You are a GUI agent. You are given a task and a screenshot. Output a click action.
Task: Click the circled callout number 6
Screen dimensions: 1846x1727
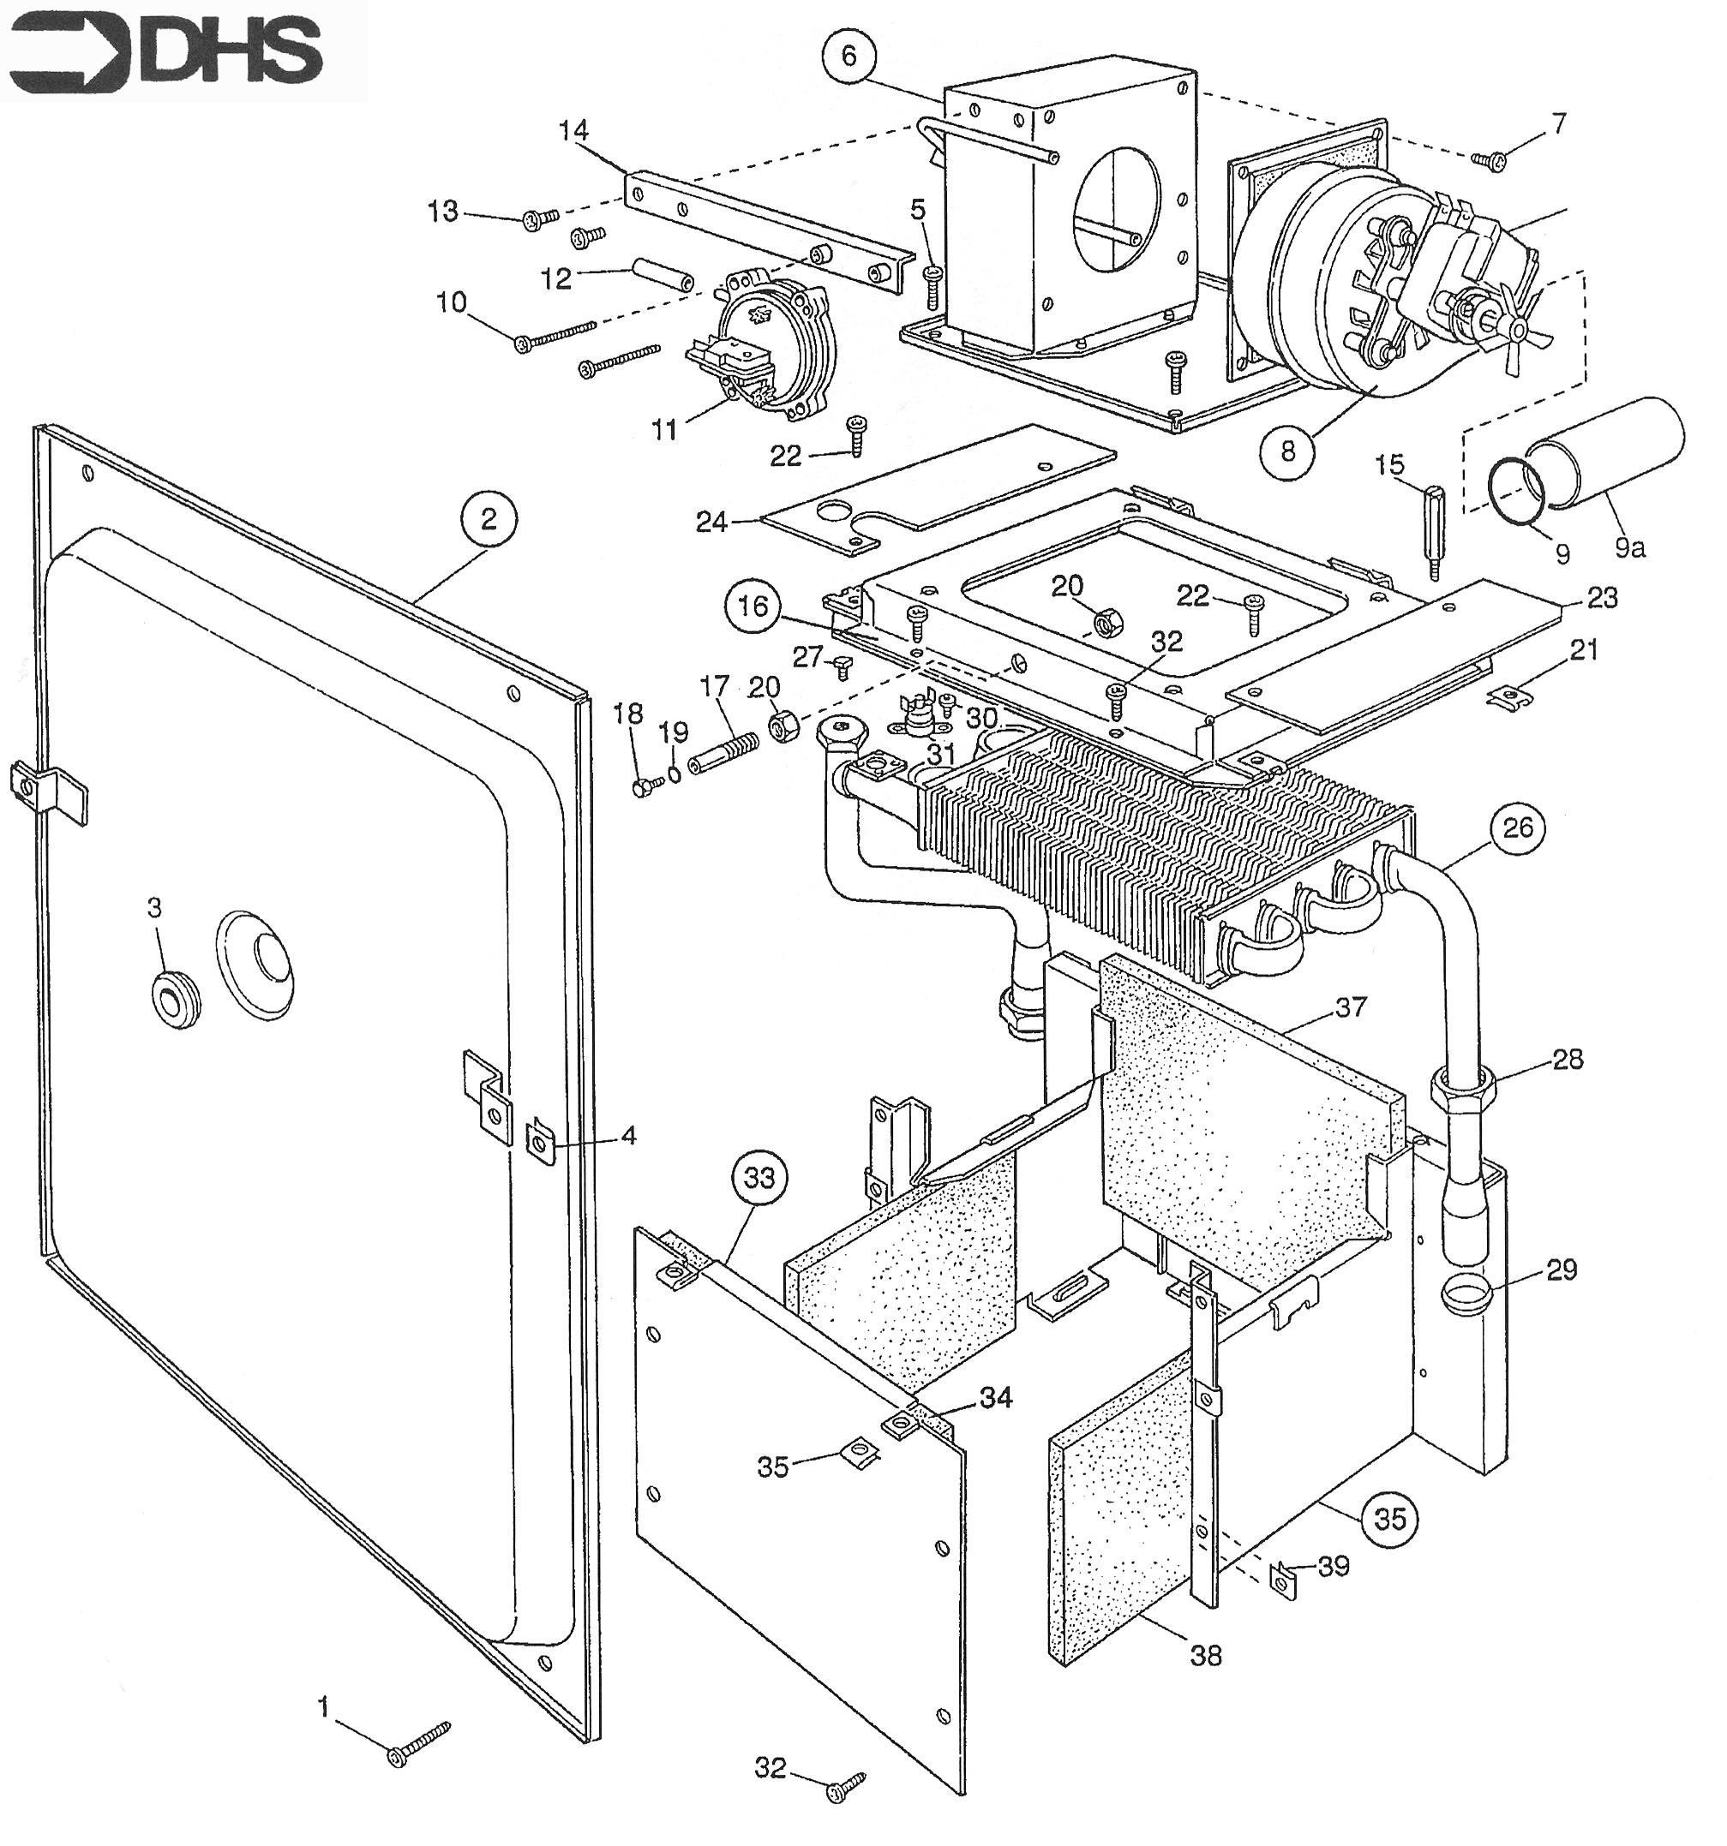tap(849, 57)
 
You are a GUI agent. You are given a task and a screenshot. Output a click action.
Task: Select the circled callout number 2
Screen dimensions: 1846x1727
tap(489, 519)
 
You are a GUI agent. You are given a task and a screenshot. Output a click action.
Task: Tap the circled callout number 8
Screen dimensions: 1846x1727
tap(1286, 451)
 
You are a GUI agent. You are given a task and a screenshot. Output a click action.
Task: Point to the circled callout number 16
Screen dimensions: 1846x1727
tap(753, 606)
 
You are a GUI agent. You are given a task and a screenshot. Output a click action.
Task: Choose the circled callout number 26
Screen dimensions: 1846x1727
tap(1517, 827)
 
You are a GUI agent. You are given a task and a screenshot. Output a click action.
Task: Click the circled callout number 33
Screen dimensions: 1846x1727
tap(759, 1179)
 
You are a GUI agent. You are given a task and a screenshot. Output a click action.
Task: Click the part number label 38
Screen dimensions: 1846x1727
tap(1206, 1655)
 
